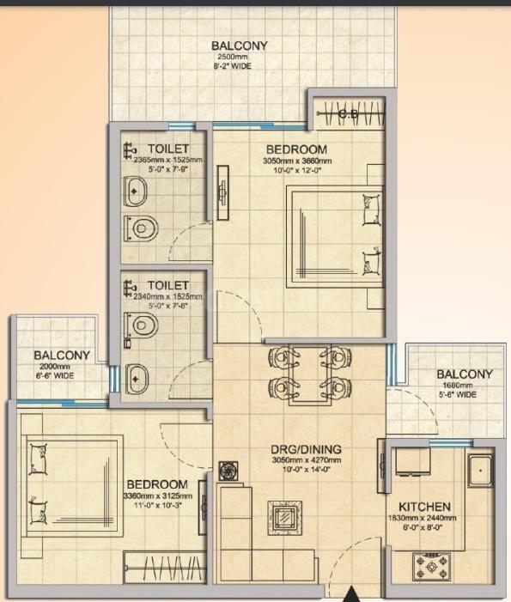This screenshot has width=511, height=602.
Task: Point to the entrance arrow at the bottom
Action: [350, 594]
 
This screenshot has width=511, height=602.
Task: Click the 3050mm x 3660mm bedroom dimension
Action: [297, 161]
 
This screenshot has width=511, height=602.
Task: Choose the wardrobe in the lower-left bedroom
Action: [163, 568]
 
